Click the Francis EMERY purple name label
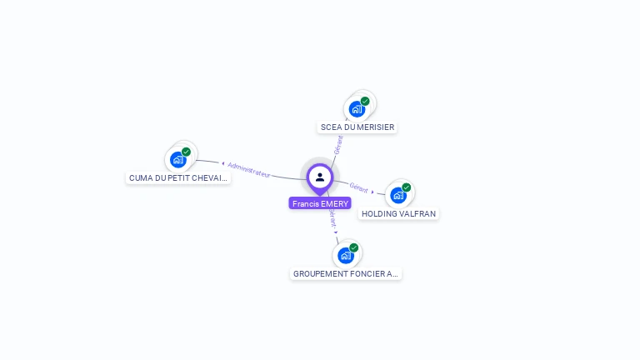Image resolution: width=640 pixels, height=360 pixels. pos(320,203)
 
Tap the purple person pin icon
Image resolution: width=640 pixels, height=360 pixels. pos(320,177)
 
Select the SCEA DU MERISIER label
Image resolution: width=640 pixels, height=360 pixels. pos(357,127)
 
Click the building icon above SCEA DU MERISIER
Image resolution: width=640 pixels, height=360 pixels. pos(357,109)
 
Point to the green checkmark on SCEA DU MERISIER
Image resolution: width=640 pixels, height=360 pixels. pos(365,101)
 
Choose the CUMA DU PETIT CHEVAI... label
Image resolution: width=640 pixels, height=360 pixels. pos(178,177)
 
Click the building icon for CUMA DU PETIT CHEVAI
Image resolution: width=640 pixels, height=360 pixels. pos(177,159)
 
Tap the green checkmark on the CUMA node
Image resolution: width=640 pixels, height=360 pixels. pos(187,152)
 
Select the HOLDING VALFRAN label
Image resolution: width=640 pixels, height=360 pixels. pos(398,213)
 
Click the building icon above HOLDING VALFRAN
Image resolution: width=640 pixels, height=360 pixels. pos(398,196)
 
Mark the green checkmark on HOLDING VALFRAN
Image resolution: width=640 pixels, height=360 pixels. pos(407,187)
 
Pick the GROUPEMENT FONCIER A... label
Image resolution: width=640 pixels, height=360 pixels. pos(346,273)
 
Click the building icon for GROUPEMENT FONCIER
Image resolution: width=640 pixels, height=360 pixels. pos(346,255)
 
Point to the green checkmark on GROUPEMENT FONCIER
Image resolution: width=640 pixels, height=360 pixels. pos(354,247)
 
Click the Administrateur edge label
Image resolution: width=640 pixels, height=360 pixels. pos(249,169)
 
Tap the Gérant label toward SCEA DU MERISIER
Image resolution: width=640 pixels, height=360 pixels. pos(338,144)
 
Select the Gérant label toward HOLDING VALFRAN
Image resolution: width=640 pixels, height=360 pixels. pos(359,187)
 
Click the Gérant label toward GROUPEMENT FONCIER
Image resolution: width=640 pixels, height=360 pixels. pos(332,218)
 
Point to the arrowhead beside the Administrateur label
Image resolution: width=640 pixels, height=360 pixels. pos(222,163)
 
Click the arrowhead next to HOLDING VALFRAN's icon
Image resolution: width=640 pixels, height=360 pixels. pos(373,192)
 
